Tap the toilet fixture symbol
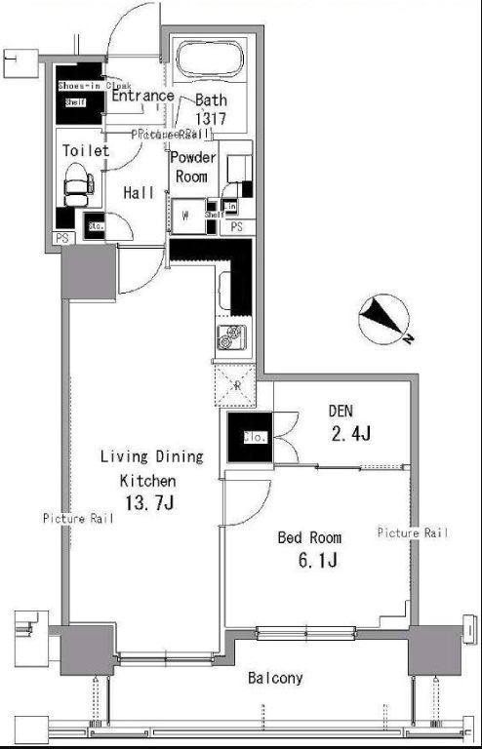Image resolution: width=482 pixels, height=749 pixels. [x=77, y=182]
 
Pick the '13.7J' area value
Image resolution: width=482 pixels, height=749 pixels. [x=146, y=502]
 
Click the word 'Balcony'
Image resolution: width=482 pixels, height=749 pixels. [x=274, y=678]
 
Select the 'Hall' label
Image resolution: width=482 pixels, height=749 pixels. [x=139, y=193]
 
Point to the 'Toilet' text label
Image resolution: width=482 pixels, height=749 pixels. [x=86, y=151]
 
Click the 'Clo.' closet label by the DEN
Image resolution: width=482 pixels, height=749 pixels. [x=238, y=438]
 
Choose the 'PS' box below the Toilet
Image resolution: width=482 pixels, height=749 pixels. [x=61, y=238]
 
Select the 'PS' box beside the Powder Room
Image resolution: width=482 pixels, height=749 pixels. [x=238, y=226]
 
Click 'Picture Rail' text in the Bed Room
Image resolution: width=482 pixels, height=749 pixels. [x=413, y=532]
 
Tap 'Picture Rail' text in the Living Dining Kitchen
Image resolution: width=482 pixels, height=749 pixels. [x=77, y=519]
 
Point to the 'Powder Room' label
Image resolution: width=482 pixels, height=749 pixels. [x=190, y=168]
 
